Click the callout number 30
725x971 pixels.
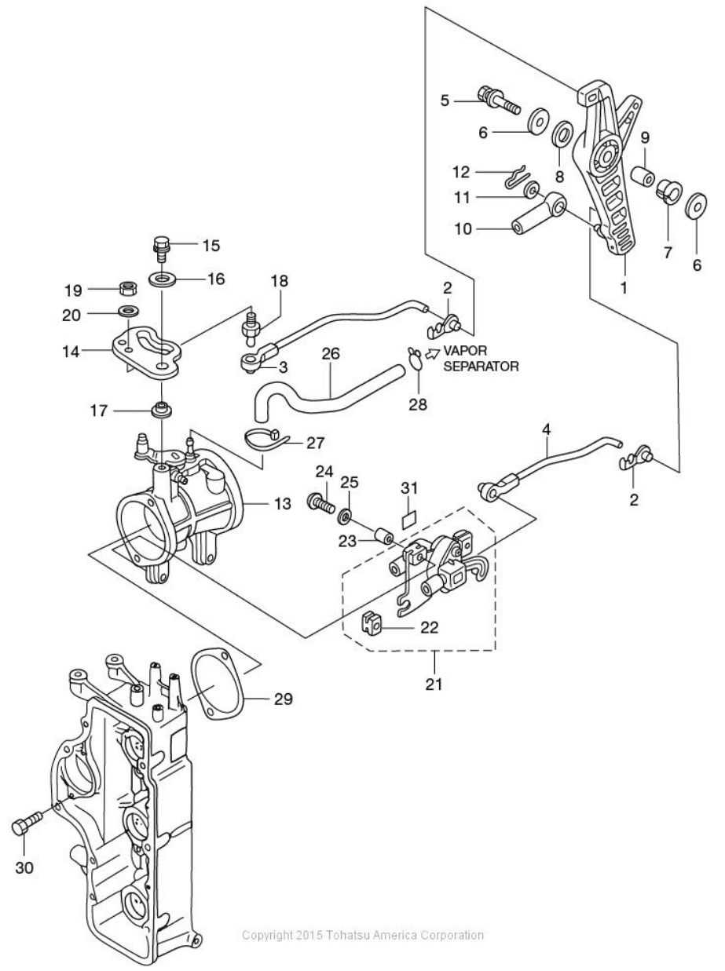coord(24,867)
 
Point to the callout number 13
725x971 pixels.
coord(283,503)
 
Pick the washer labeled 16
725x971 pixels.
coord(163,279)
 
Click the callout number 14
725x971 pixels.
coord(71,352)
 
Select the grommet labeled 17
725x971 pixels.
coord(161,409)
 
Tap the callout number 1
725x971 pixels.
coord(624,287)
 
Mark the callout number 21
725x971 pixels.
coord(434,684)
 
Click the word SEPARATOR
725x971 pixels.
coord(482,367)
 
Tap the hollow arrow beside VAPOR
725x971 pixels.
coord(433,352)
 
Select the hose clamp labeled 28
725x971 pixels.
coord(415,360)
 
